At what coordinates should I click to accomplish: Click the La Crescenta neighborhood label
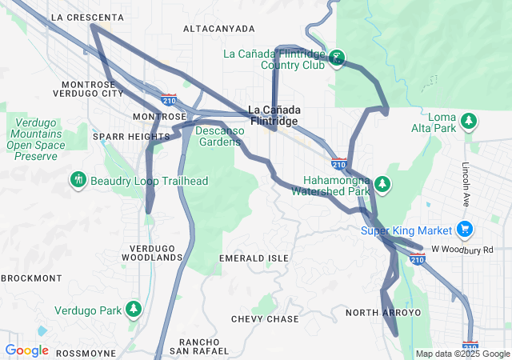click(x=86, y=17)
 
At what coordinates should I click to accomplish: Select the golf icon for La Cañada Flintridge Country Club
click(x=338, y=58)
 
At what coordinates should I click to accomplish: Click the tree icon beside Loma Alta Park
click(x=470, y=122)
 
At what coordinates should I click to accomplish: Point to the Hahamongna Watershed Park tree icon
click(x=383, y=186)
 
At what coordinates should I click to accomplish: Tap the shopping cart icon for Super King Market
click(x=464, y=230)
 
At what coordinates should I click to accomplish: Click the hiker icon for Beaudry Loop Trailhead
click(x=78, y=181)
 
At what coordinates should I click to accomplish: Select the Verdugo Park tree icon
click(x=134, y=310)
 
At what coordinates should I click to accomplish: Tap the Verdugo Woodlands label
click(x=152, y=253)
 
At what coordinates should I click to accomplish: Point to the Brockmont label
click(x=31, y=278)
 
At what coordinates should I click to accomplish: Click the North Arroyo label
click(x=382, y=312)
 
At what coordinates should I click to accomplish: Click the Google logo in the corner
click(x=26, y=350)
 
